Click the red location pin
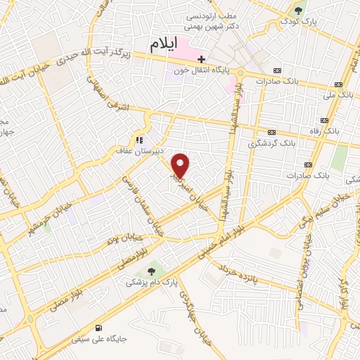click(x=181, y=166)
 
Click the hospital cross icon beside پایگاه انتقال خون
click(x=201, y=58)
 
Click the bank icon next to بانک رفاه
click(x=271, y=131)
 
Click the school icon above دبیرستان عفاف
click(x=139, y=139)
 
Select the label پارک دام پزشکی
click(x=148, y=282)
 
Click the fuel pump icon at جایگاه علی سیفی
click(x=98, y=327)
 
